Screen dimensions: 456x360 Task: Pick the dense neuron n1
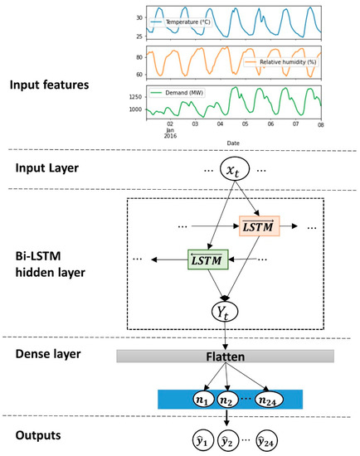[201, 399]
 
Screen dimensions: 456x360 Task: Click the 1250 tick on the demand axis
[134, 96]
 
